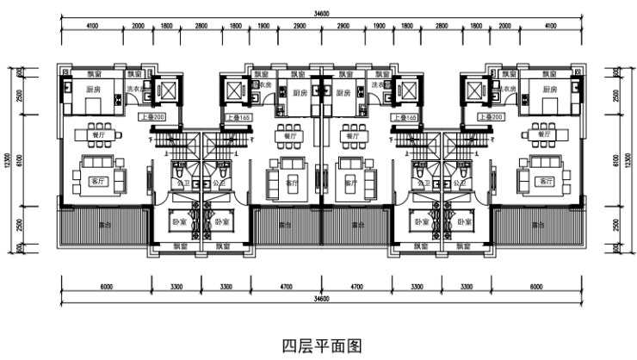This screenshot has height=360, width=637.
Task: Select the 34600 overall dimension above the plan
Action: (322, 12)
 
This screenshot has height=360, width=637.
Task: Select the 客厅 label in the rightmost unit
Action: (544, 182)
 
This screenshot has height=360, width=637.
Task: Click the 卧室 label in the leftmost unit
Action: (178, 221)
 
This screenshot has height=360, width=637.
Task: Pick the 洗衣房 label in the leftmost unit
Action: (134, 89)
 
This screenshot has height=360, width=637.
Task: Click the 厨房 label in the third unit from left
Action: (343, 93)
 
